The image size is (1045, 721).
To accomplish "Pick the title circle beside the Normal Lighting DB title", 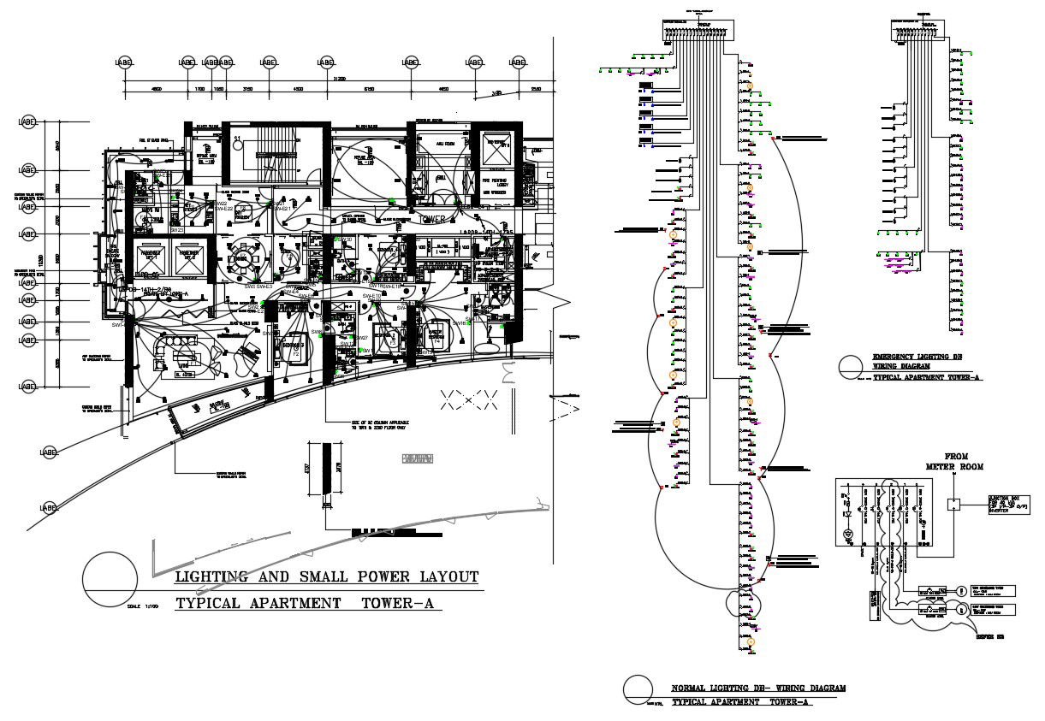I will pyautogui.click(x=638, y=688).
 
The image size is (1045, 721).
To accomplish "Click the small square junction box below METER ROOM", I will pyautogui.click(x=954, y=504).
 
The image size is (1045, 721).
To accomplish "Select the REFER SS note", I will pyautogui.click(x=989, y=636).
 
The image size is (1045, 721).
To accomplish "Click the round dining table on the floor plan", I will pyautogui.click(x=243, y=258).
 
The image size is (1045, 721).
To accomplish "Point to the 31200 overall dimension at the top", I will pyautogui.click(x=340, y=77).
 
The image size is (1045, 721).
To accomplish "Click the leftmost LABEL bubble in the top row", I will pyautogui.click(x=125, y=62).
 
